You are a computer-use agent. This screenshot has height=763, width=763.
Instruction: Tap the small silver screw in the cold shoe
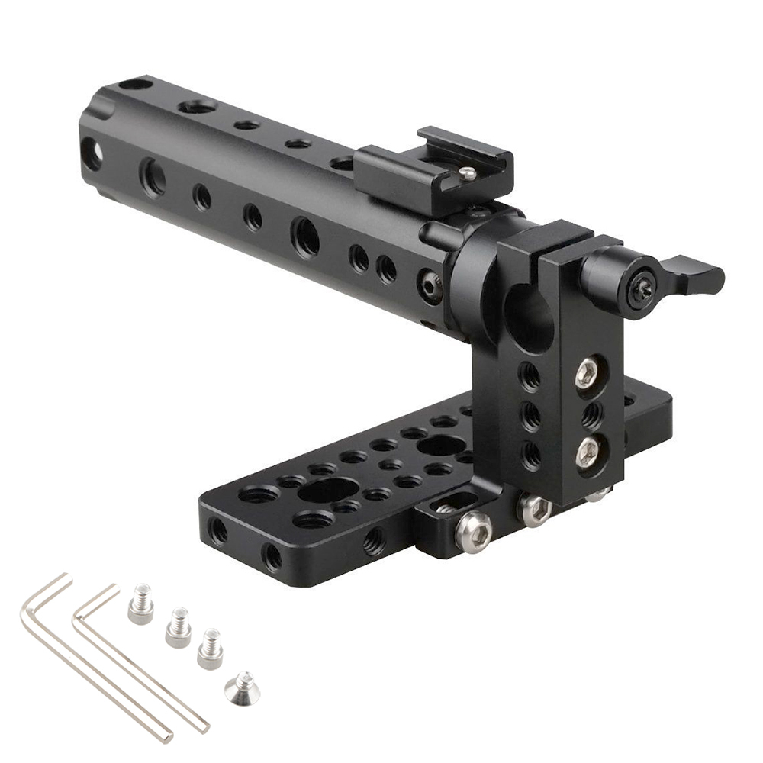click(467, 175)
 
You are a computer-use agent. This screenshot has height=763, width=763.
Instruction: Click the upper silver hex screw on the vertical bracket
click(586, 373)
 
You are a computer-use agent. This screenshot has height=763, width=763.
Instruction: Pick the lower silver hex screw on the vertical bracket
click(586, 452)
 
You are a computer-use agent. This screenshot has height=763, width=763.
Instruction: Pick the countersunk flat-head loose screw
click(241, 686)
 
